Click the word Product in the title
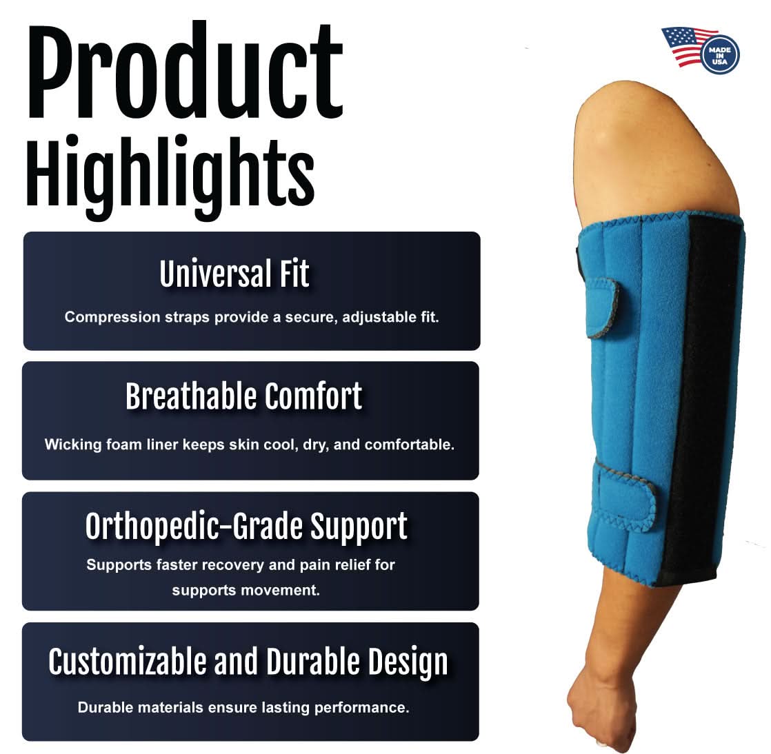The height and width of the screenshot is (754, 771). click(184, 72)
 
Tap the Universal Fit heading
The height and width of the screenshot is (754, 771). click(234, 274)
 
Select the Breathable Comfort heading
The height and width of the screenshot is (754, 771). click(243, 396)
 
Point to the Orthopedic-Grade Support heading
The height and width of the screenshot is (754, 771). click(246, 527)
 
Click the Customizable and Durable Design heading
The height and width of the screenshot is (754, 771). click(248, 662)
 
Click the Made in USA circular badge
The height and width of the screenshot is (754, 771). click(720, 54)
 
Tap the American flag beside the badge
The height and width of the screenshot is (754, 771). click(685, 45)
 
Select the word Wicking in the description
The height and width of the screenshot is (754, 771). click(71, 445)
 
